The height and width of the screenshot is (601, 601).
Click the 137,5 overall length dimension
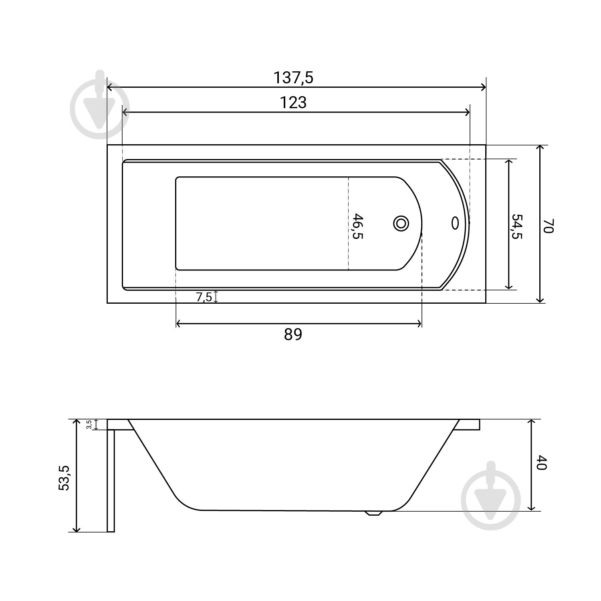pos(293,78)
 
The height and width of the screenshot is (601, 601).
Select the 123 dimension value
pos(293,103)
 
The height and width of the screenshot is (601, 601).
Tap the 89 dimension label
pos(293,334)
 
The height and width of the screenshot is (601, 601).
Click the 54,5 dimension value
pos(517,226)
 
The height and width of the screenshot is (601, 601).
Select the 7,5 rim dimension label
pos(204,297)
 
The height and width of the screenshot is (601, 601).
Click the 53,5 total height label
pos(64,478)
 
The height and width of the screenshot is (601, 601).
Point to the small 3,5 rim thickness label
pos(89,425)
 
